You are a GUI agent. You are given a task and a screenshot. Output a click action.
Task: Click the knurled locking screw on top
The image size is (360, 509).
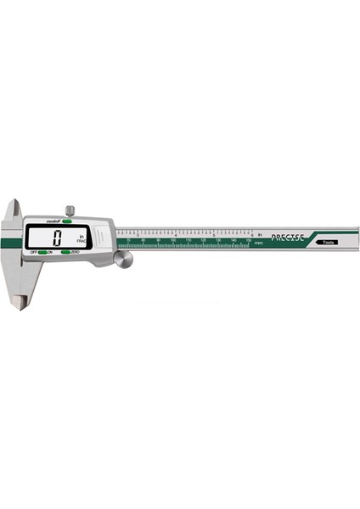[70, 210]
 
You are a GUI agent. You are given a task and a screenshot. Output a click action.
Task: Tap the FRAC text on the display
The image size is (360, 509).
[82, 243]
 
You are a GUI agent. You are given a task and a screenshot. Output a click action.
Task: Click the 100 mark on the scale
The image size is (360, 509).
[173, 241]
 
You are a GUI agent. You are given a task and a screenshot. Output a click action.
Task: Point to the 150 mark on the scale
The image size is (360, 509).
[249, 241]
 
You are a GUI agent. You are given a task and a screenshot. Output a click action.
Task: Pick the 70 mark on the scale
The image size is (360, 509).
[128, 241]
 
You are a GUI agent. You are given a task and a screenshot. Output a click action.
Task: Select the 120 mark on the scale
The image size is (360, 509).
[204, 241]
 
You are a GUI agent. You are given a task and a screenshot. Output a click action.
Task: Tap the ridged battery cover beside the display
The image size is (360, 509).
[102, 235]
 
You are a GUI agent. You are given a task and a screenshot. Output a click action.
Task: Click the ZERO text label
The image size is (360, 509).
[76, 253]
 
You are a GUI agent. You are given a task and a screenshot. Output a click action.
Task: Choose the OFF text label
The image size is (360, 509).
[34, 253]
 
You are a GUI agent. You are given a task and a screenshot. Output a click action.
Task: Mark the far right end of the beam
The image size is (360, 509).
[357, 238]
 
